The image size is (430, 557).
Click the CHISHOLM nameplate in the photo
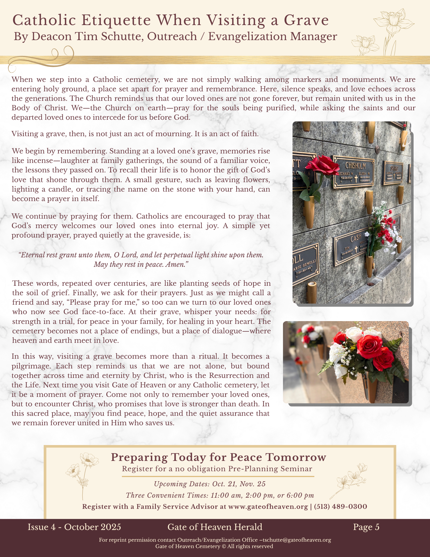[x=355, y=165]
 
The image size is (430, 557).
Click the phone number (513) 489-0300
[x=340, y=506]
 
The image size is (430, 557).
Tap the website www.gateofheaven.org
[x=268, y=506]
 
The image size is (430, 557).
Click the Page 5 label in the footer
[x=366, y=527]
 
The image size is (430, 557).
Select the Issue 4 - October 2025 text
[x=74, y=527]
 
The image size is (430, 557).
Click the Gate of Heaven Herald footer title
[x=215, y=527]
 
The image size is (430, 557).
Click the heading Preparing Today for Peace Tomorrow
[x=218, y=457]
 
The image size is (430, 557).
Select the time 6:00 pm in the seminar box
[x=299, y=495]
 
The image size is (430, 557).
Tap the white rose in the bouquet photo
[x=354, y=334]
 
